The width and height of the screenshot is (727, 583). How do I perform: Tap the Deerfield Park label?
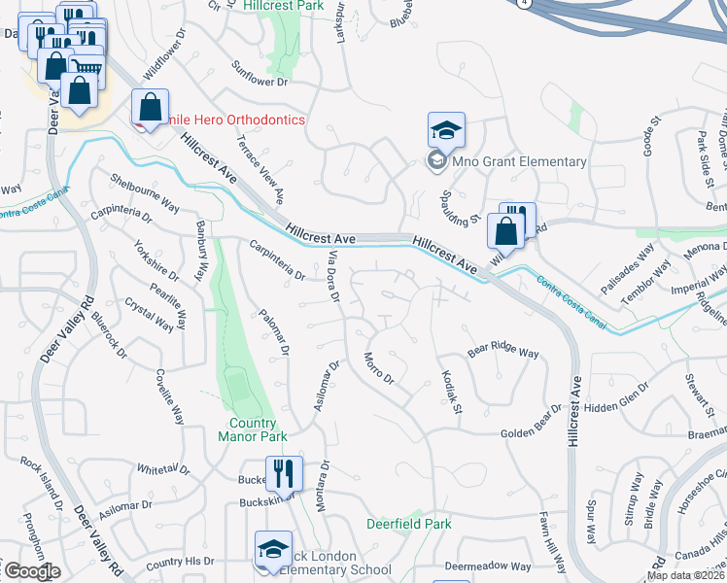coord(408,524)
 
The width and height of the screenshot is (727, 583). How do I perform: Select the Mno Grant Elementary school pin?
coord(447,130)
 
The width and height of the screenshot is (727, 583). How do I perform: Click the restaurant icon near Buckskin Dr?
coord(284,473)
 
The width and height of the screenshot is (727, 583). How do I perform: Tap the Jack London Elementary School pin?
coord(273,549)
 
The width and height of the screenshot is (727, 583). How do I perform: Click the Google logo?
coord(32,571)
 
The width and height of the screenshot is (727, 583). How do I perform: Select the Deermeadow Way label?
coord(488,566)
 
